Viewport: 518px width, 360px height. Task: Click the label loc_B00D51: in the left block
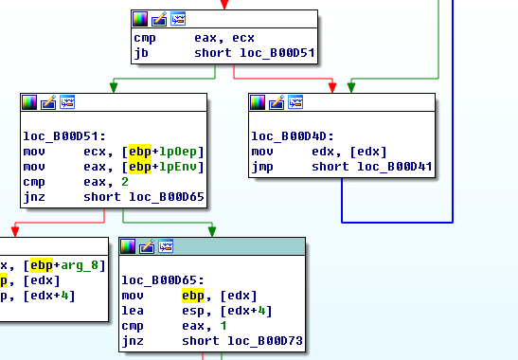click(x=64, y=136)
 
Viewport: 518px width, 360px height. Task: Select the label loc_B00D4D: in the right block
click(x=293, y=136)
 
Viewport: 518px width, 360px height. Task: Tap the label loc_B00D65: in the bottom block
click(x=163, y=280)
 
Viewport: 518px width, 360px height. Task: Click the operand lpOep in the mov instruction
click(x=178, y=152)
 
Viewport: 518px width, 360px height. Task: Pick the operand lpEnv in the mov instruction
click(x=178, y=167)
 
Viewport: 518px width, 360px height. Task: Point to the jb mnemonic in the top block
click(x=141, y=53)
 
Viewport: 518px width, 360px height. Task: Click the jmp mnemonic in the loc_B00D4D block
click(x=262, y=167)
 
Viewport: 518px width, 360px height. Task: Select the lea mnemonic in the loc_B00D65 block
click(x=133, y=311)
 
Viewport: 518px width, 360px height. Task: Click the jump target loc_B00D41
click(x=395, y=167)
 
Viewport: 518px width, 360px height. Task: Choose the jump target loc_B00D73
click(x=265, y=341)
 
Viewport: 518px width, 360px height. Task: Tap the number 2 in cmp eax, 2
click(x=125, y=182)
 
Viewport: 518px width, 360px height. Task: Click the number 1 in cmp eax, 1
click(x=223, y=326)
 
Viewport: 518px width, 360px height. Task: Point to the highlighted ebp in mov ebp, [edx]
click(x=193, y=296)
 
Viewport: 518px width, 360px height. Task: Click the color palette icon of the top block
click(x=140, y=19)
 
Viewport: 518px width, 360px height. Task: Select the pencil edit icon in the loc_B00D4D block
click(x=277, y=102)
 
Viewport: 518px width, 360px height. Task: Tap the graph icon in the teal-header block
click(x=166, y=246)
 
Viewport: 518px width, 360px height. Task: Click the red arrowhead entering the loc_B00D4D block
click(x=332, y=87)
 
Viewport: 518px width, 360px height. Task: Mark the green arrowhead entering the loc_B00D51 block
click(x=114, y=87)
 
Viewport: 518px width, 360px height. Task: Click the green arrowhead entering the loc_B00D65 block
click(x=212, y=231)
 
